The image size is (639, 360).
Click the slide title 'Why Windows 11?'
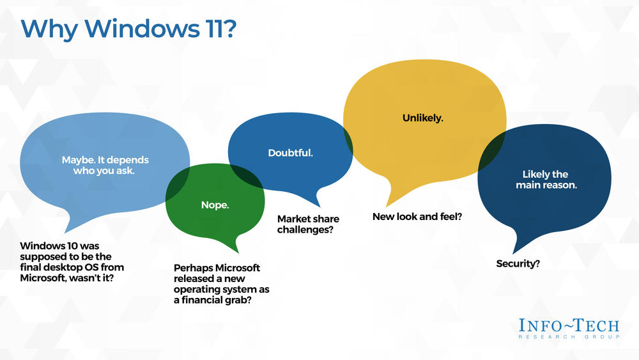(128, 29)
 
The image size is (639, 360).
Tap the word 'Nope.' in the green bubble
(215, 205)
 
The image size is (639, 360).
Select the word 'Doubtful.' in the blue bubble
(290, 153)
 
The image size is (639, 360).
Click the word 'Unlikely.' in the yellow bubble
(422, 118)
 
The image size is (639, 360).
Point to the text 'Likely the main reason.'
(546, 180)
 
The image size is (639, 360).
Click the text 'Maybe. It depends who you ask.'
(105, 165)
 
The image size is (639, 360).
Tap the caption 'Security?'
(518, 264)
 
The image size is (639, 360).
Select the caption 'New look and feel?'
(417, 217)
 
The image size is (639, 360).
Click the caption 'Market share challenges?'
(308, 224)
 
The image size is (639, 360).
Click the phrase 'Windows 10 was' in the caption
(59, 246)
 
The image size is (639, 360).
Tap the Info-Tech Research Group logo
(569, 329)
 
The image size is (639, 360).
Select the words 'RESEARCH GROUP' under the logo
(569, 337)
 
